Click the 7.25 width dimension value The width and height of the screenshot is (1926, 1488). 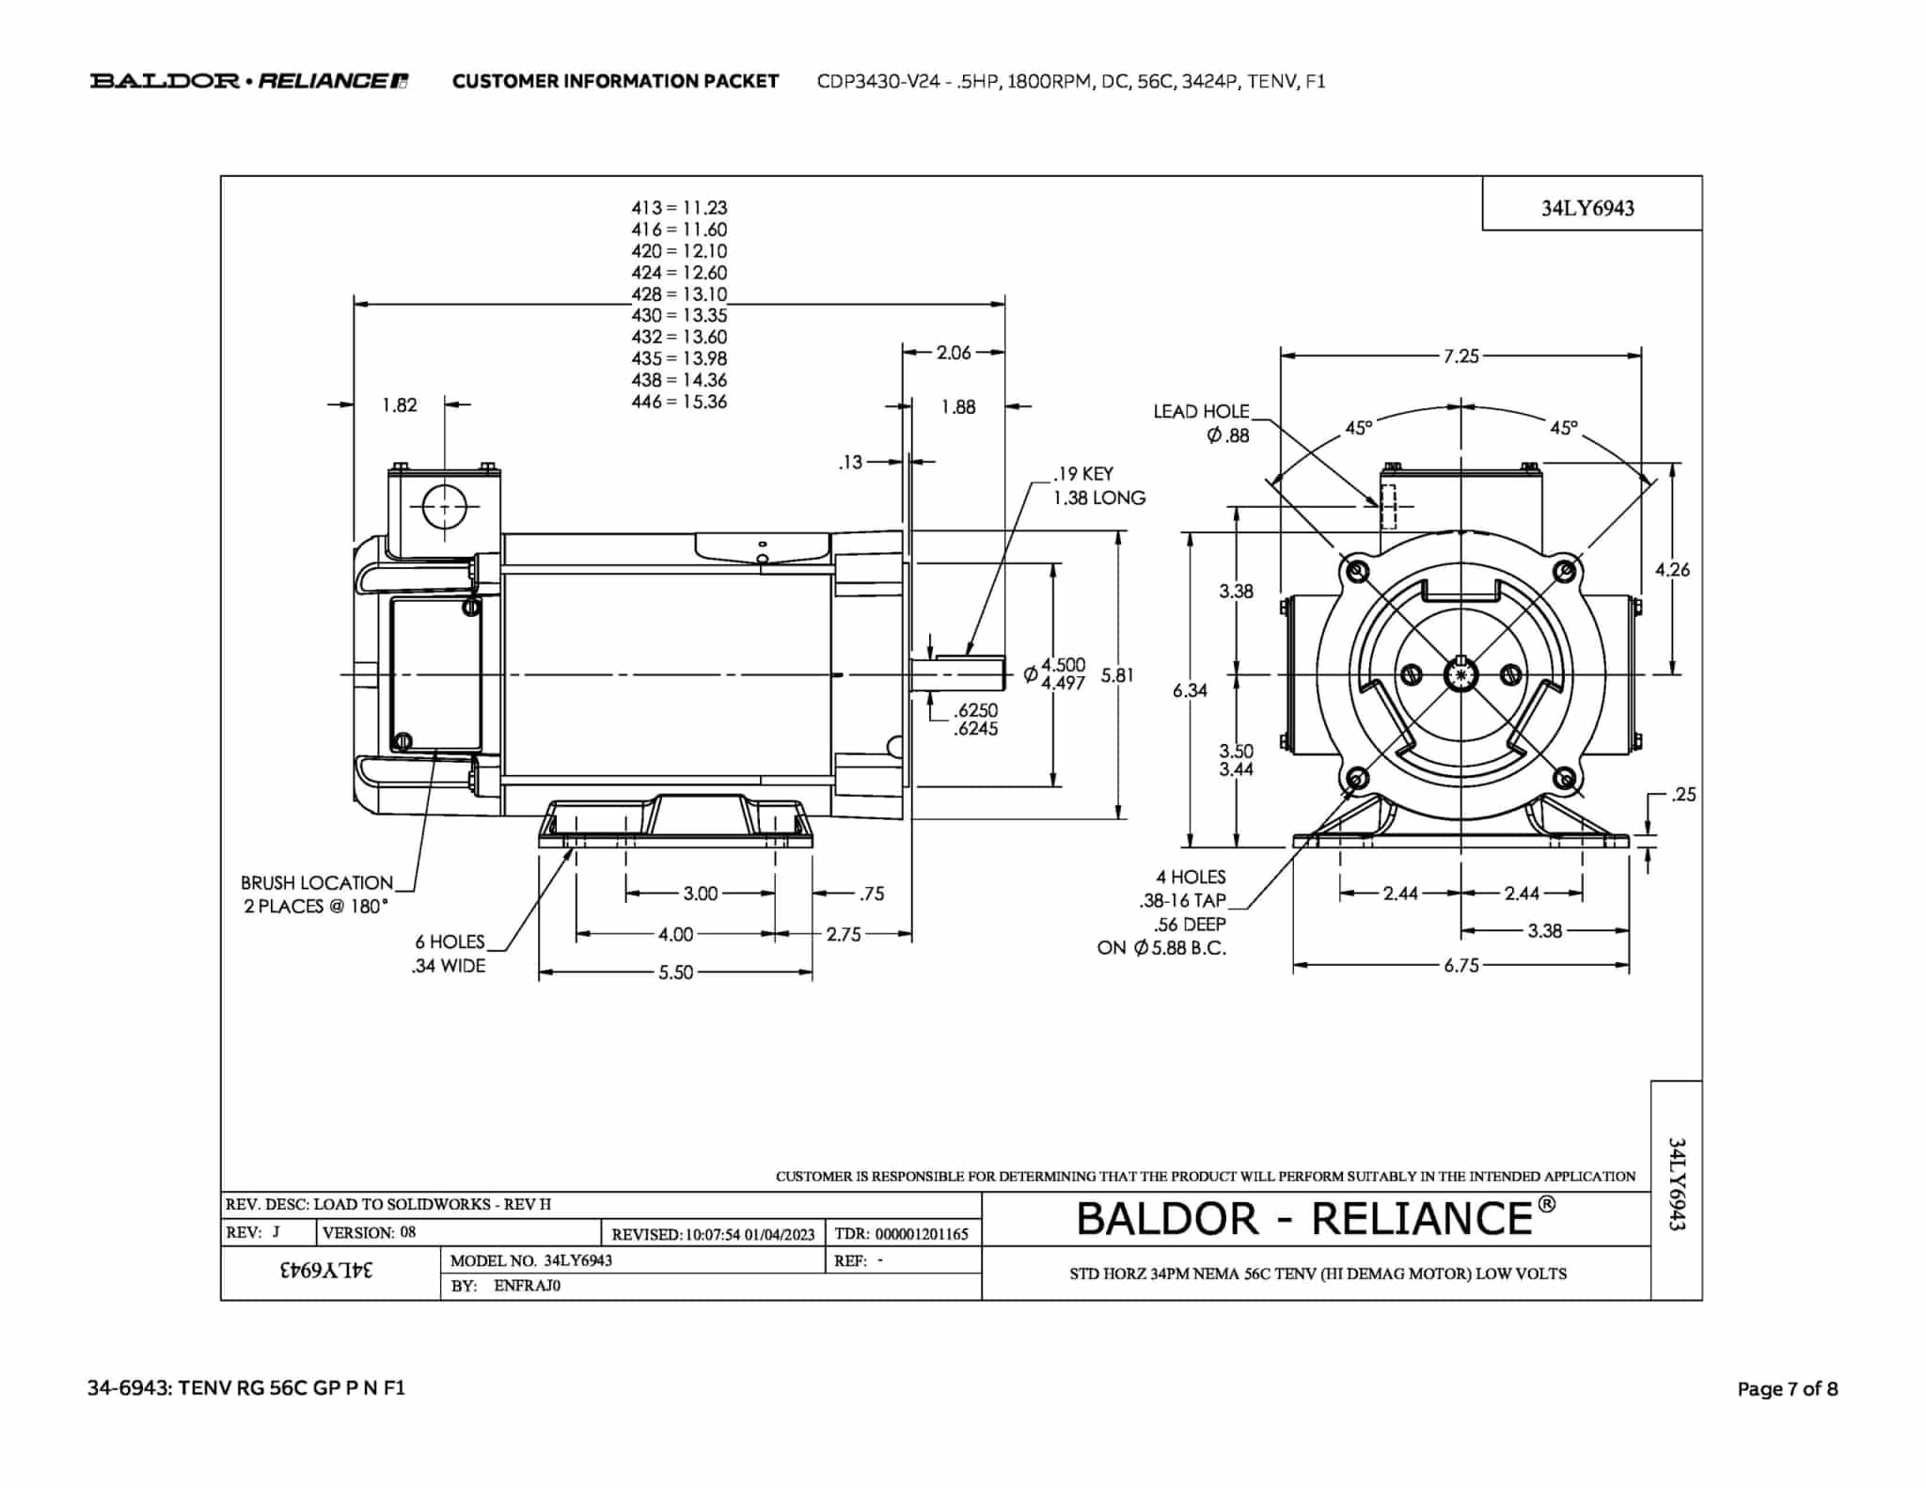point(1461,356)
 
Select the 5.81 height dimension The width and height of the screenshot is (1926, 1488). point(1117,674)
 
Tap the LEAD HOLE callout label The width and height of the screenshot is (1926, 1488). point(1201,411)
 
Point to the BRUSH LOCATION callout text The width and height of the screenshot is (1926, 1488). point(317,882)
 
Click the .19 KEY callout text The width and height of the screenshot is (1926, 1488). point(1083,474)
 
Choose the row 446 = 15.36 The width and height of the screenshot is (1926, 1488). point(679,402)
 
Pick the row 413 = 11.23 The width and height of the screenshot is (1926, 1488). point(679,208)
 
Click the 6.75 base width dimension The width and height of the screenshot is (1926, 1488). point(1461,966)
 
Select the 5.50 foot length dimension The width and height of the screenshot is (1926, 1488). point(675,973)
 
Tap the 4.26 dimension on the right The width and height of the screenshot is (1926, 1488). point(1672,569)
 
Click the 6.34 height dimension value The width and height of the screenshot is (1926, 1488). point(1190,690)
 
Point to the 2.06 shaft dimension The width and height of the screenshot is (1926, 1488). point(954,353)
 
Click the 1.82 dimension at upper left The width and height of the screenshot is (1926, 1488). point(399,404)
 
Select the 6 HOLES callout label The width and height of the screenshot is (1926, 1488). point(450,942)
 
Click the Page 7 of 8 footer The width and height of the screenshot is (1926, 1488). point(1787,1388)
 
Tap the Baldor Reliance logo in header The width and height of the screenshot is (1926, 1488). point(249,81)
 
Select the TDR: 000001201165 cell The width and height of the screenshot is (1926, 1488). point(902,1233)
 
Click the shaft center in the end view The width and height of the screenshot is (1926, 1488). point(1460,674)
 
